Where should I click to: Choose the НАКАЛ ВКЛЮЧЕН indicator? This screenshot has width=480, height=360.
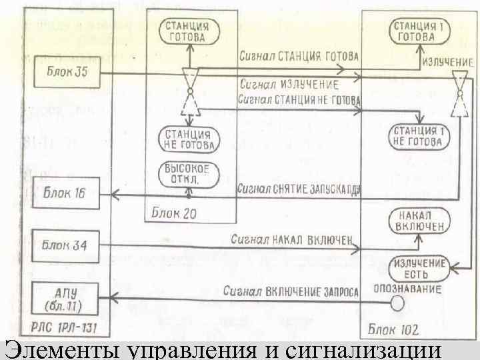point(420,223)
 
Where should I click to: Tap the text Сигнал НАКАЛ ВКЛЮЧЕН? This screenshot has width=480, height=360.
point(295,238)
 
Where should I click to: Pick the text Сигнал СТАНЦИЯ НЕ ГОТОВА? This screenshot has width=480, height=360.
point(299,100)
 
